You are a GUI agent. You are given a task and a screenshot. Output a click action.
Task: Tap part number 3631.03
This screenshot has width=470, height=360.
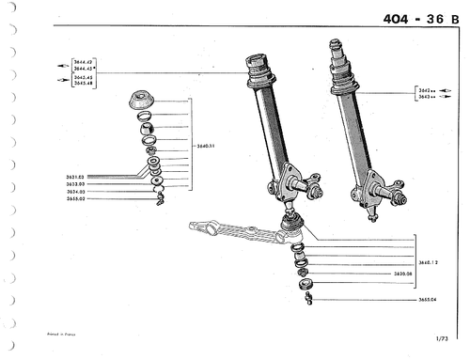coord(76,176)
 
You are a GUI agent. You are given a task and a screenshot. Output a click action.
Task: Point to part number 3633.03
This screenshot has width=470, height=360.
coord(76,183)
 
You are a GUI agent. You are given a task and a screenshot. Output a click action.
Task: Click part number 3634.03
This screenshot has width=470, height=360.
coord(76,191)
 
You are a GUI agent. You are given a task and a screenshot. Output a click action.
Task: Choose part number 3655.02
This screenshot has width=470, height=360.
coord(76,198)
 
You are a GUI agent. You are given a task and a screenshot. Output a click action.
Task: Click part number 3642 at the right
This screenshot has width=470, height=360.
coord(424,89)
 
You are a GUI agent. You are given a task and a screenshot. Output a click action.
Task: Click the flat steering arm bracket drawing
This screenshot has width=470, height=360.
coord(235,230)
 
